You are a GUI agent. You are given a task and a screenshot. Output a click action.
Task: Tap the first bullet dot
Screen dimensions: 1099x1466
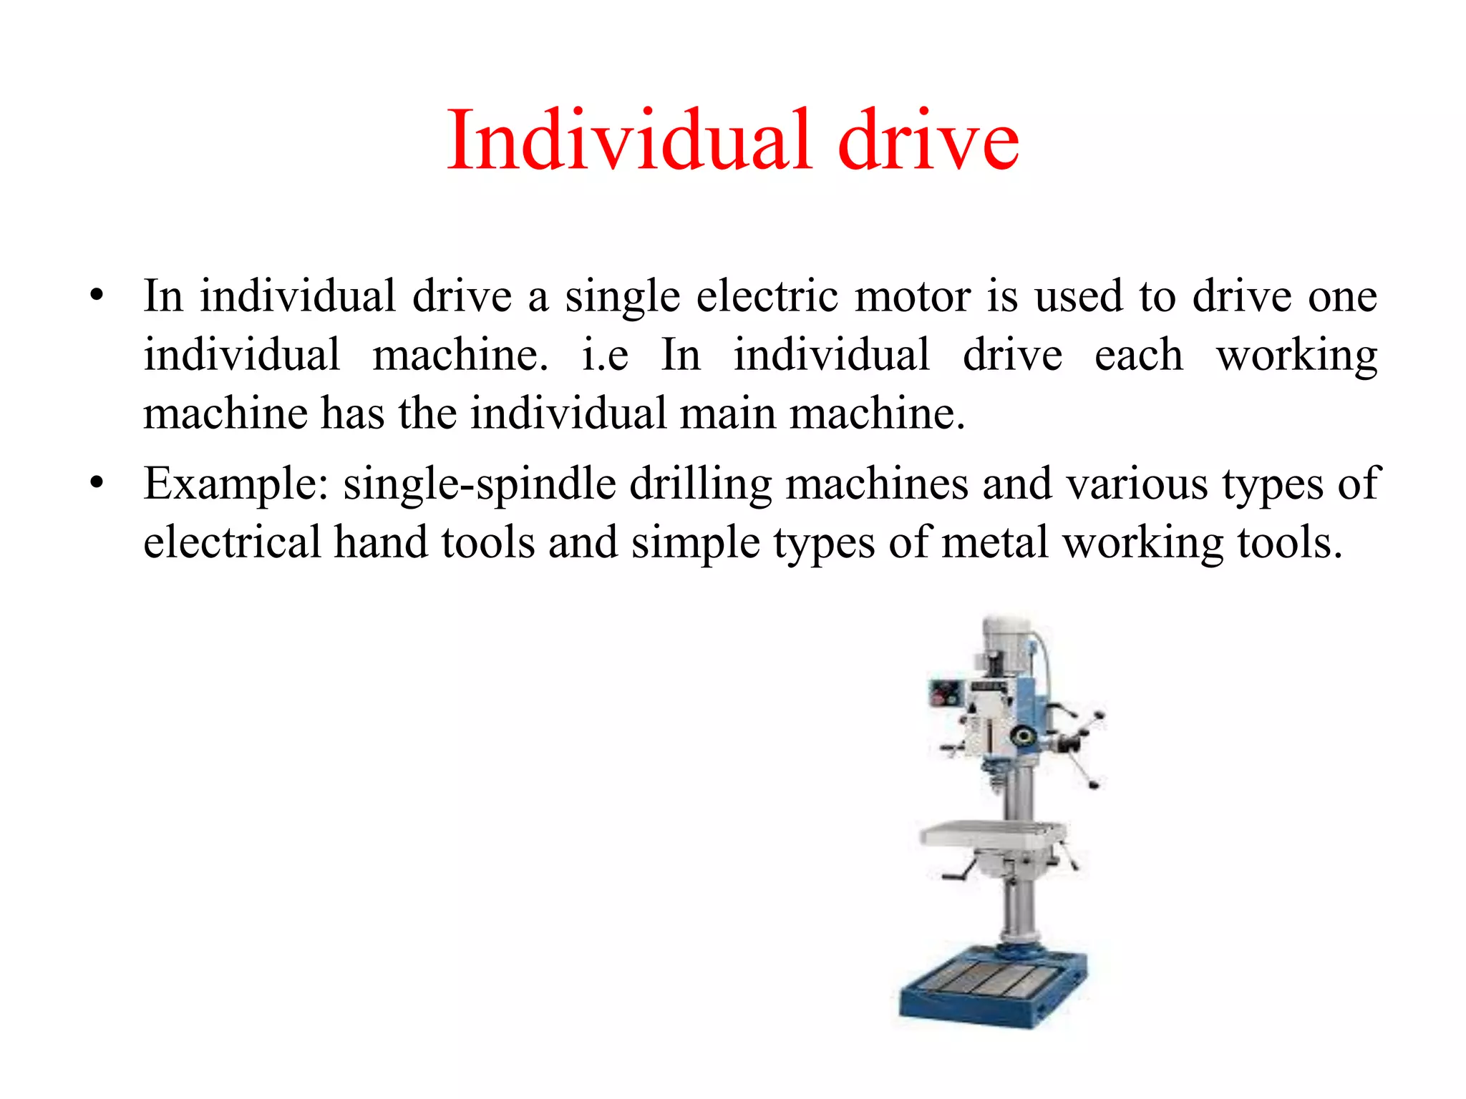click(97, 295)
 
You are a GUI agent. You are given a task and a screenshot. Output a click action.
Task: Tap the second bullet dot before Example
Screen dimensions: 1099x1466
click(97, 482)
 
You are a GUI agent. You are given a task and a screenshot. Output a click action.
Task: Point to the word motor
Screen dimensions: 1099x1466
click(913, 295)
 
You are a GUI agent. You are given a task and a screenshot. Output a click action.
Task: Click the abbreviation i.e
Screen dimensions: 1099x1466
click(605, 354)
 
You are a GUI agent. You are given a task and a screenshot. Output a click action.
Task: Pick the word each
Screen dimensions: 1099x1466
click(1138, 354)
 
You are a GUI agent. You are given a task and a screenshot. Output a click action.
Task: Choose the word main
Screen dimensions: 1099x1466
click(728, 413)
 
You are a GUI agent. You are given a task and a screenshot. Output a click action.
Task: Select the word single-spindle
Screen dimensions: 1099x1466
click(480, 484)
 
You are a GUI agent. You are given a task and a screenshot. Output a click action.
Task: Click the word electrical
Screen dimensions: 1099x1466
click(232, 542)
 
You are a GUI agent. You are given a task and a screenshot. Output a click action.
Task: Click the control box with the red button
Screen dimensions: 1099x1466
click(946, 693)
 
